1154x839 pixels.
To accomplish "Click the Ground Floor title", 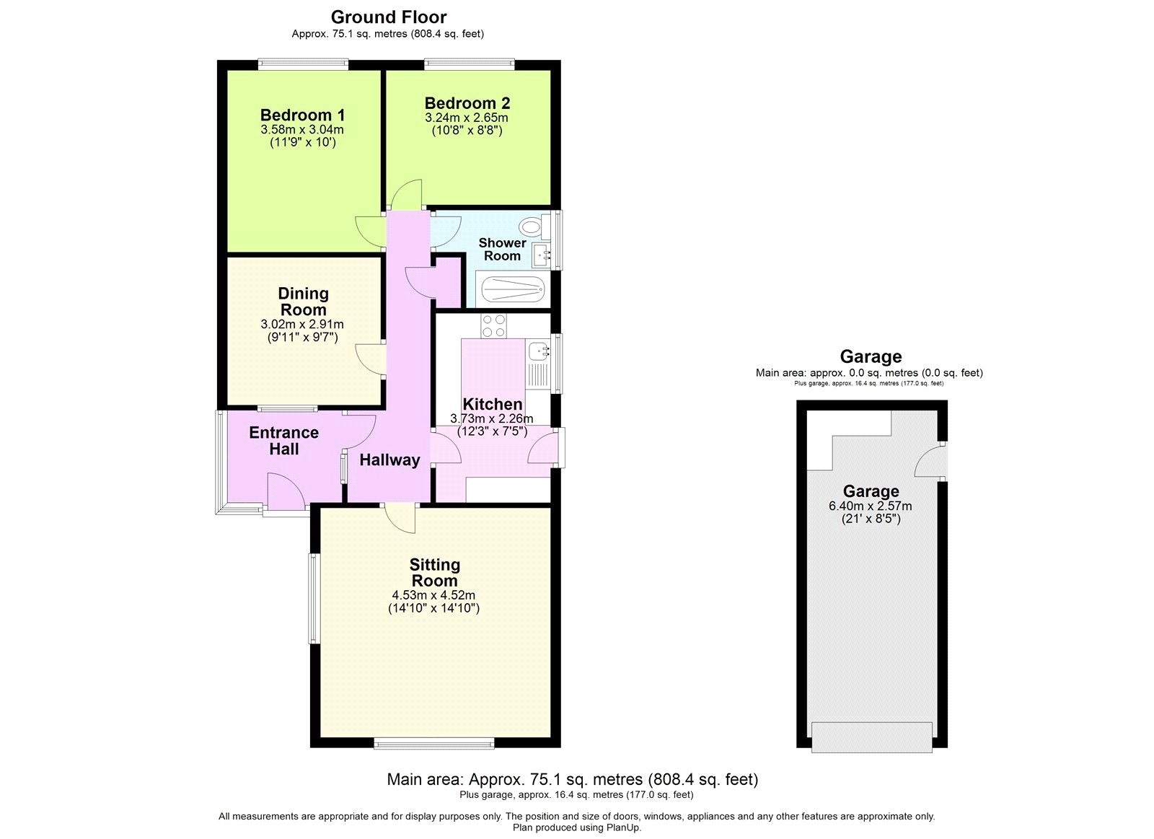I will (389, 17).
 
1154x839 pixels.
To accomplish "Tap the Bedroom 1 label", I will (302, 115).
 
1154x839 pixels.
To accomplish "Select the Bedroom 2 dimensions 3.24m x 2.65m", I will (467, 118).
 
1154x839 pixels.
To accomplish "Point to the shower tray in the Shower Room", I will (513, 291).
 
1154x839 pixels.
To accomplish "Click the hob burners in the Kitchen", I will (494, 326).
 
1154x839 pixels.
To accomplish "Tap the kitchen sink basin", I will (537, 351).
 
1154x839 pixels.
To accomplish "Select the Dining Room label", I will (303, 302).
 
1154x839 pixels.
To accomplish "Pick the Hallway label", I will (389, 460).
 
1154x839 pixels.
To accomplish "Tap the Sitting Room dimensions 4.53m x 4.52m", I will (433, 595).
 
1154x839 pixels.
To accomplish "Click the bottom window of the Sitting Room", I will (434, 743).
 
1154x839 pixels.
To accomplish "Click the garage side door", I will (930, 462).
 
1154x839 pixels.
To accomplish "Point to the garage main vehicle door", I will (871, 737).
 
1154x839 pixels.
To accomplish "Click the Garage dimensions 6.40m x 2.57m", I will (871, 506).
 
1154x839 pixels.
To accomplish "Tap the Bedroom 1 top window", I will (303, 64).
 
